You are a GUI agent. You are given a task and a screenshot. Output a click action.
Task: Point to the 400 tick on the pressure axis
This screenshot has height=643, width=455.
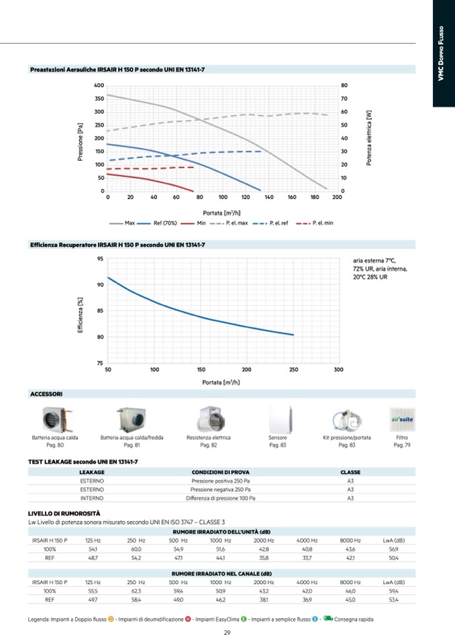(99, 86)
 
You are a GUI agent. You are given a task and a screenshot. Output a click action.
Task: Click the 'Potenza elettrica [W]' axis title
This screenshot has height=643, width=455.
(368, 138)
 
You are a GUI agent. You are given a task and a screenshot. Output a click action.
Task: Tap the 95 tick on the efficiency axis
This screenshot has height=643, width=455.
(99, 259)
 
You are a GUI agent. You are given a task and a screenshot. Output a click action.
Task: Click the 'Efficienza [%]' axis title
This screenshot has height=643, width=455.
(80, 315)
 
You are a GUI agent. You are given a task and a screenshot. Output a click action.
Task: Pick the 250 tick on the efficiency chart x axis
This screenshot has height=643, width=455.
(293, 370)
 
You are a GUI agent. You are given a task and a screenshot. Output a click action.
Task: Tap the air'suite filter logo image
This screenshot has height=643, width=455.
(402, 419)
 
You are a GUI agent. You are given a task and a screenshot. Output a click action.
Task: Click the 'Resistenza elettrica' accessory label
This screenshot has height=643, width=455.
(208, 438)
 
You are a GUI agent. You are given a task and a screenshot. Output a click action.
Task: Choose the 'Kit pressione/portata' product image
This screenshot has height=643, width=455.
(347, 420)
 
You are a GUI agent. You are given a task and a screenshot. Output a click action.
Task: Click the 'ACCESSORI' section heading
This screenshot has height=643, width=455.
(46, 394)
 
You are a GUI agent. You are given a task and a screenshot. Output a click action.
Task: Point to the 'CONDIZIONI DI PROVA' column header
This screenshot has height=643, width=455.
(220, 472)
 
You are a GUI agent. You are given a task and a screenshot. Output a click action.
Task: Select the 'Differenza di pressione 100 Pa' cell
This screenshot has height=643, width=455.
(220, 498)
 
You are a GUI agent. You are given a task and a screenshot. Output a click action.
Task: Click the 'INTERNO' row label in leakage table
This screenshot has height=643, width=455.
(91, 498)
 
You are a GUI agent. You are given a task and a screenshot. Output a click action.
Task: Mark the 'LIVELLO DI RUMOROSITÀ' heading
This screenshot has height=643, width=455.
(64, 514)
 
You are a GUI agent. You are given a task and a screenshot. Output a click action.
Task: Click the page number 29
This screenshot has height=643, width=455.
(227, 633)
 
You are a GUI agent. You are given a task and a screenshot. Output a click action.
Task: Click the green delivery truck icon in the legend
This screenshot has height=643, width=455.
(327, 619)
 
